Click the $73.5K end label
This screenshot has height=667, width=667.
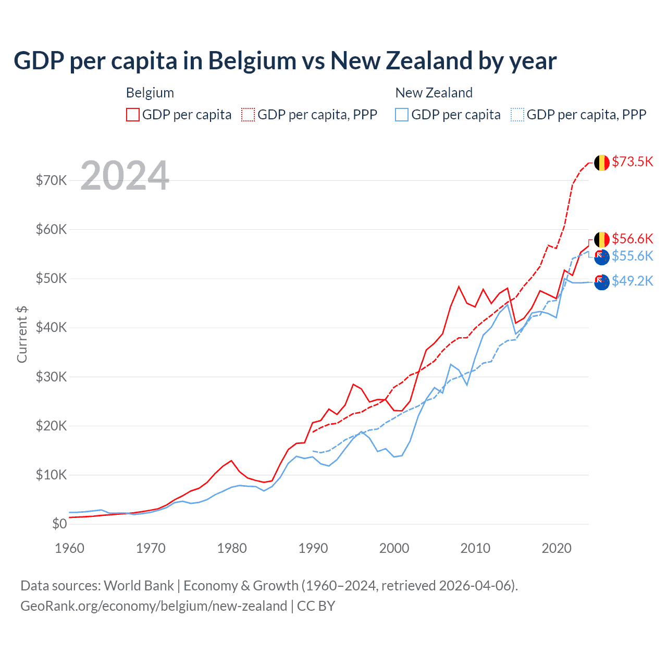[x=632, y=162]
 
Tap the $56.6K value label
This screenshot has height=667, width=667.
[x=632, y=239]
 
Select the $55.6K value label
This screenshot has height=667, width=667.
[x=632, y=256]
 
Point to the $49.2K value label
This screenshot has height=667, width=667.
[x=632, y=281]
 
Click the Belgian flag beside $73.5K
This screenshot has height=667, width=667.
[x=602, y=163]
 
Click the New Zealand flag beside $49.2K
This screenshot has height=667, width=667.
[x=602, y=282]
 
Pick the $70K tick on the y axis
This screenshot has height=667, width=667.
[x=52, y=180]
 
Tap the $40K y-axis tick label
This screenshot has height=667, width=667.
[x=52, y=327]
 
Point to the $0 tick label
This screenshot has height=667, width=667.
[x=59, y=524]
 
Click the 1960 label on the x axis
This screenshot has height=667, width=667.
[x=69, y=548]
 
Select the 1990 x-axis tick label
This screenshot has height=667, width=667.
[x=313, y=548]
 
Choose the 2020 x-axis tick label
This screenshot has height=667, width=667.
[x=557, y=548]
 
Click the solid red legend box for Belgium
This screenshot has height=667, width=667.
[x=133, y=115]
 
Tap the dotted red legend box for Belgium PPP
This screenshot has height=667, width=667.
[x=248, y=115]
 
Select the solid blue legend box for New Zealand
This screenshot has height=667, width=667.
[x=402, y=115]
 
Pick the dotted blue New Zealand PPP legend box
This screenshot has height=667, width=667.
[x=517, y=115]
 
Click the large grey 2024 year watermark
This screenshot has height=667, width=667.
[x=125, y=176]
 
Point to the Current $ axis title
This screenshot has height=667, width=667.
[x=22, y=334]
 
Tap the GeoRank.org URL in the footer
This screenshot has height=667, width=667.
[x=154, y=606]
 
